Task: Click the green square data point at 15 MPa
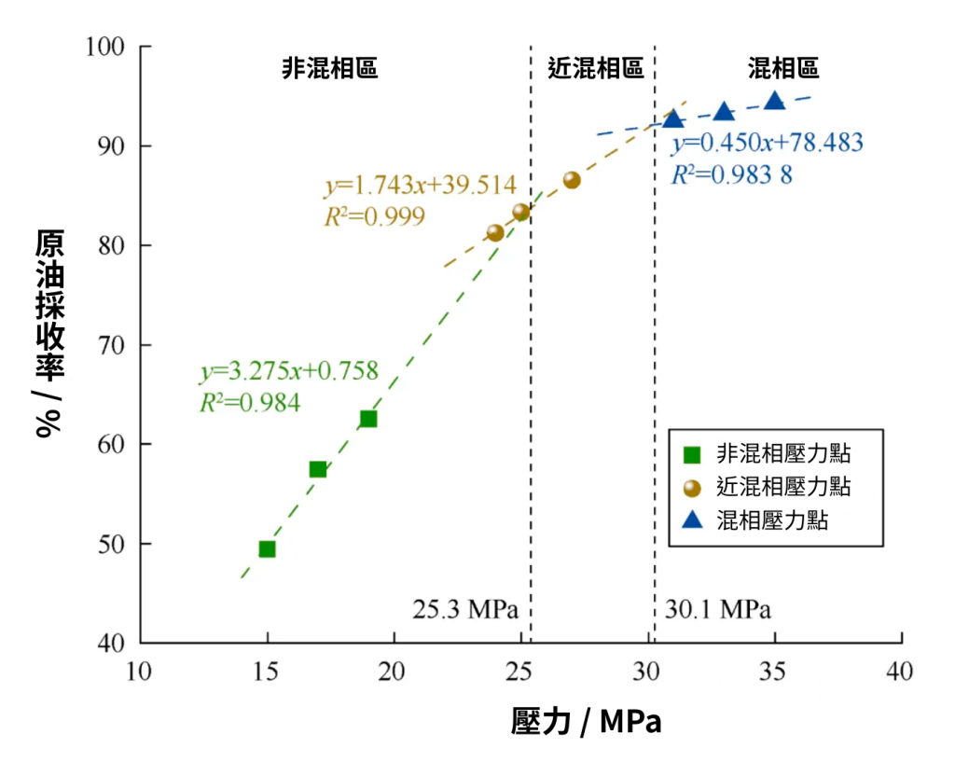(267, 548)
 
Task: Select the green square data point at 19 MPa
(368, 419)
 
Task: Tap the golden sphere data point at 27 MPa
(572, 180)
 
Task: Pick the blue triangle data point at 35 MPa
(775, 101)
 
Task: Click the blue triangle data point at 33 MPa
(724, 113)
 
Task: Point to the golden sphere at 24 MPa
(495, 232)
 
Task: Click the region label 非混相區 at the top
(329, 68)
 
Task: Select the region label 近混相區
(595, 68)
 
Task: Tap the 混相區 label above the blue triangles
(783, 68)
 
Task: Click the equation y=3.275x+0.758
(289, 371)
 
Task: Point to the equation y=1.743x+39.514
(420, 185)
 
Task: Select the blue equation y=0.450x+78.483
(768, 143)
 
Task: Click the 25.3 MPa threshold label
(464, 610)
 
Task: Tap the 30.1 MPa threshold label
(719, 610)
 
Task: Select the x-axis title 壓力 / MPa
(586, 721)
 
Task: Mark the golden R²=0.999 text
(373, 216)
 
